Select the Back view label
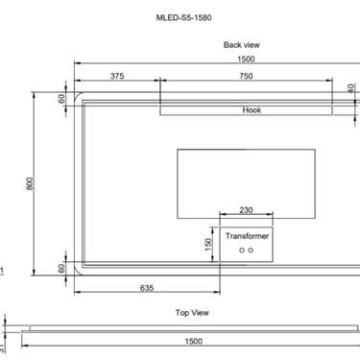click(241, 45)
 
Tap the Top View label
click(192, 313)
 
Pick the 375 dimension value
click(117, 76)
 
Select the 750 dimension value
click(246, 76)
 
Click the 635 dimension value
click(147, 286)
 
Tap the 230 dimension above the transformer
click(246, 210)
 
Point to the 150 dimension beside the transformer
click(207, 244)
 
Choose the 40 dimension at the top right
click(351, 87)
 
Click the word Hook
click(252, 109)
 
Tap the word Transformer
click(247, 235)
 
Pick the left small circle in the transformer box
click(241, 250)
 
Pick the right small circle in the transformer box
click(252, 250)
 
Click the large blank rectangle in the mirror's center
click(246, 173)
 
